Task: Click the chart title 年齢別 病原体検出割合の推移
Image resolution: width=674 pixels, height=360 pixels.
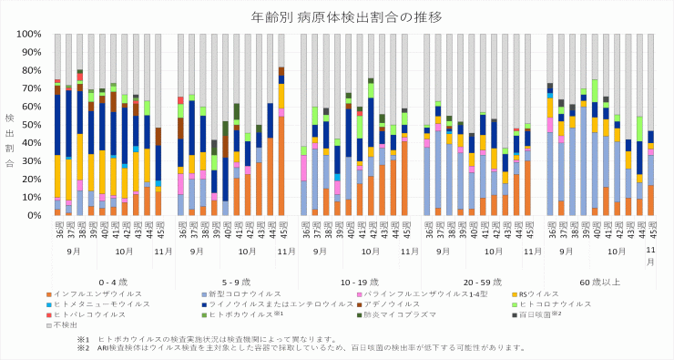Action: (x=336, y=17)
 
